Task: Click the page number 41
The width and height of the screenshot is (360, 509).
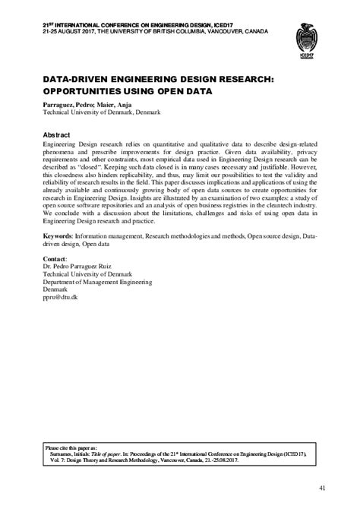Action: pos(322,488)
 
